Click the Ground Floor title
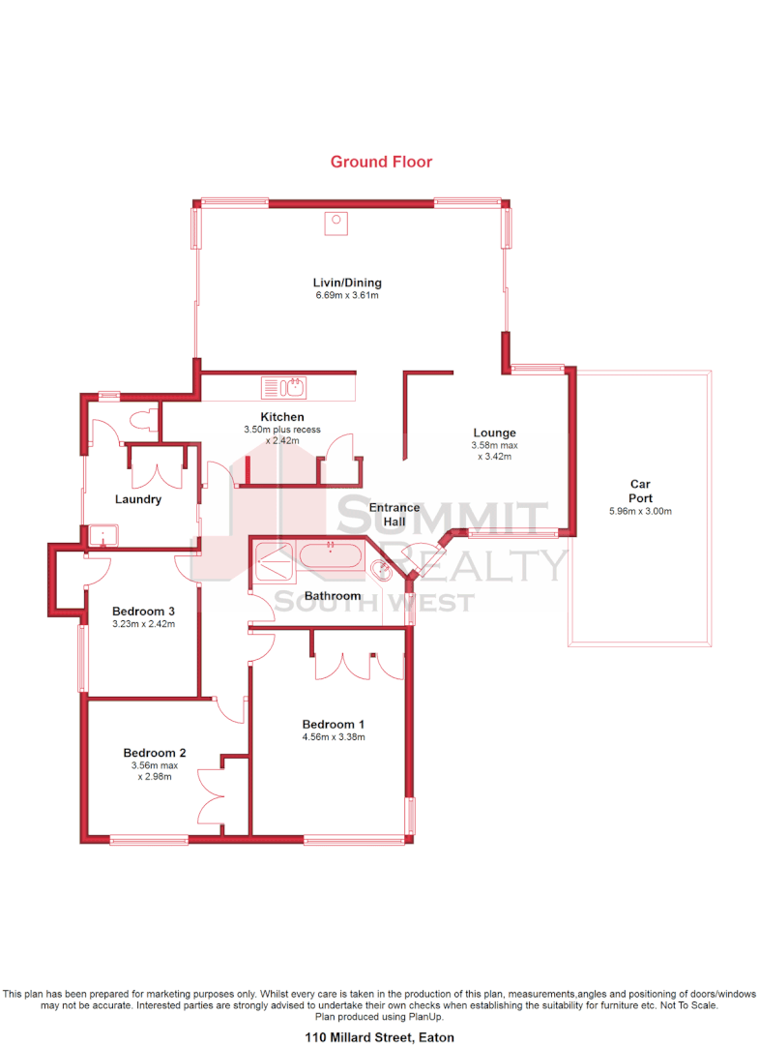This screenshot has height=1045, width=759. (x=381, y=162)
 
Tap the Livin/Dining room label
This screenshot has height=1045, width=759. (x=347, y=283)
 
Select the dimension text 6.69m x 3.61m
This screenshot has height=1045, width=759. (x=347, y=295)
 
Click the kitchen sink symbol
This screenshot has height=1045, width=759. (x=283, y=388)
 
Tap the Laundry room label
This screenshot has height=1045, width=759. (x=137, y=499)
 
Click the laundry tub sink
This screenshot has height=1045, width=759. (x=102, y=535)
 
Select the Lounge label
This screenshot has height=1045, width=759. (x=494, y=433)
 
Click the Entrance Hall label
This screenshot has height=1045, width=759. (x=394, y=514)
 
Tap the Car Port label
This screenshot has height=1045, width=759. (x=640, y=491)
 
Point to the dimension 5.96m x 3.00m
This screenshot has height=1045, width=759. (x=640, y=512)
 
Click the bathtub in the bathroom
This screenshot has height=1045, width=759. (x=331, y=556)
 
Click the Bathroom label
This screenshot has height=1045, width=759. (x=332, y=596)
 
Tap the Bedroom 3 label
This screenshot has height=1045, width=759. (x=143, y=611)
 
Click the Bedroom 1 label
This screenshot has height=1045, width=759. (x=333, y=724)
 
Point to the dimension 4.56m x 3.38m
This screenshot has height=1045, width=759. (x=333, y=737)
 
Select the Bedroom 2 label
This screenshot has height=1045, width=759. (x=154, y=753)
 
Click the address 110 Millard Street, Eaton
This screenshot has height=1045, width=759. (x=379, y=1037)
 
